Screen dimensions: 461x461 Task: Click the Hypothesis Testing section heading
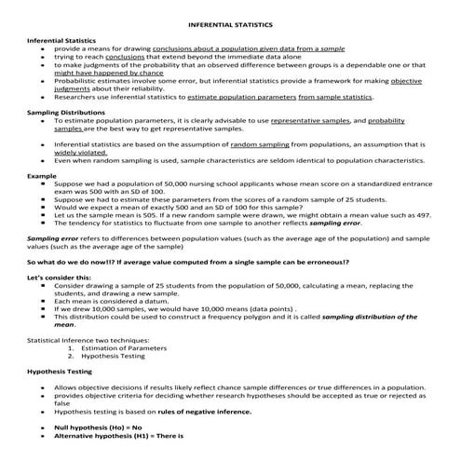coord(59,371)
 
